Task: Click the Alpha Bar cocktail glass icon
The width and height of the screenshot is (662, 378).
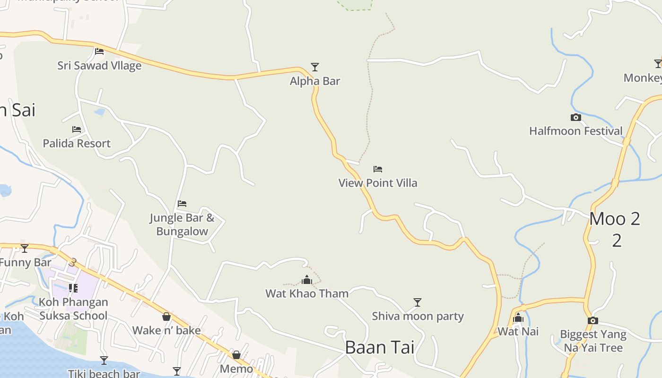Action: pyautogui.click(x=315, y=67)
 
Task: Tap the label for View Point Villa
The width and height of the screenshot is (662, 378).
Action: pyautogui.click(x=378, y=183)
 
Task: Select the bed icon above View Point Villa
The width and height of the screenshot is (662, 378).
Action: pyautogui.click(x=377, y=169)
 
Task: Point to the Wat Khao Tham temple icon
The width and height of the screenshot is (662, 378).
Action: pyautogui.click(x=307, y=280)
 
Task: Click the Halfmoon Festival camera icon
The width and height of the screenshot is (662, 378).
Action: pyautogui.click(x=575, y=117)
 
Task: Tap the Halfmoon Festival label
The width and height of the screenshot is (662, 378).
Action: pyautogui.click(x=575, y=131)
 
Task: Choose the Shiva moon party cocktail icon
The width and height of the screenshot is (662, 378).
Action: pyautogui.click(x=417, y=302)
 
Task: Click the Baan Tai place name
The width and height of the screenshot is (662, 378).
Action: pyautogui.click(x=380, y=347)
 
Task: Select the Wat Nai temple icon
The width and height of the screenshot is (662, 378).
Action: pyautogui.click(x=518, y=318)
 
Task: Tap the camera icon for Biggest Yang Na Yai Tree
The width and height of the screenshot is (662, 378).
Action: pyautogui.click(x=593, y=320)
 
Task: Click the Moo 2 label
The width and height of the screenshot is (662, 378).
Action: pyautogui.click(x=615, y=219)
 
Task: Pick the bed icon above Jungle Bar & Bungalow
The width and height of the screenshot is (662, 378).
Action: pyautogui.click(x=182, y=204)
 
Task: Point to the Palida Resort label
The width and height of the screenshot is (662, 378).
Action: pyautogui.click(x=77, y=143)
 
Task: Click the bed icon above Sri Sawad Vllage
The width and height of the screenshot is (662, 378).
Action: pyautogui.click(x=99, y=51)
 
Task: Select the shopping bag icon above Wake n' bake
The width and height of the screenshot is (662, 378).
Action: pyautogui.click(x=166, y=317)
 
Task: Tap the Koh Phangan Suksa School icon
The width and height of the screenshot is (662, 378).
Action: pyautogui.click(x=73, y=288)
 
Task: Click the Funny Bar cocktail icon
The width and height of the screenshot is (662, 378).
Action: pyautogui.click(x=25, y=248)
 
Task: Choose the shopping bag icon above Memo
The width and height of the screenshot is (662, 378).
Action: pyautogui.click(x=236, y=355)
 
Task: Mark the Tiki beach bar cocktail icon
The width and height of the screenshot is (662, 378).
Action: pyautogui.click(x=104, y=361)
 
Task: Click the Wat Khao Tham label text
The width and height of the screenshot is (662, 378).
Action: pyautogui.click(x=307, y=293)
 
